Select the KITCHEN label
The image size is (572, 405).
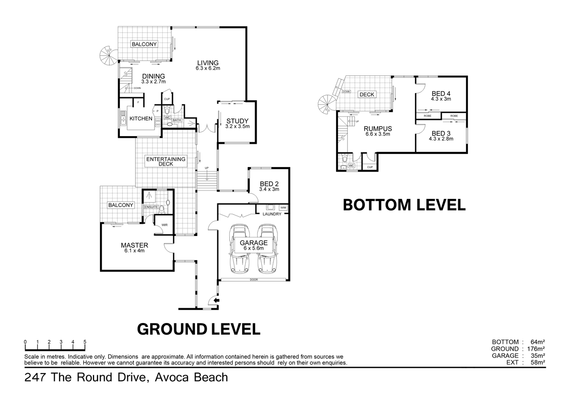coord(141,118)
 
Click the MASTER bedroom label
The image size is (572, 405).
coord(134,246)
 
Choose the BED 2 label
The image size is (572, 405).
coord(269,184)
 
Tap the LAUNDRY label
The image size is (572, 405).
coord(271,214)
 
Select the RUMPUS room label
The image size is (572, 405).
coord(378,129)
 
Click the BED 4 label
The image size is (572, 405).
coord(441,94)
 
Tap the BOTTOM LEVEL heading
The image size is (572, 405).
coord(404,205)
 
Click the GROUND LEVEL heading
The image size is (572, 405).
coord(199,329)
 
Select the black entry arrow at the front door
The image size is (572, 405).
coord(216,301)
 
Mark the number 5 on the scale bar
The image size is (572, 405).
coord(85,342)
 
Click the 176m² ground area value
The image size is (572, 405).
coord(535,349)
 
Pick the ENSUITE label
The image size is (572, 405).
coord(151,207)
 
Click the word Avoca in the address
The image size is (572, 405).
coord(169,377)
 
